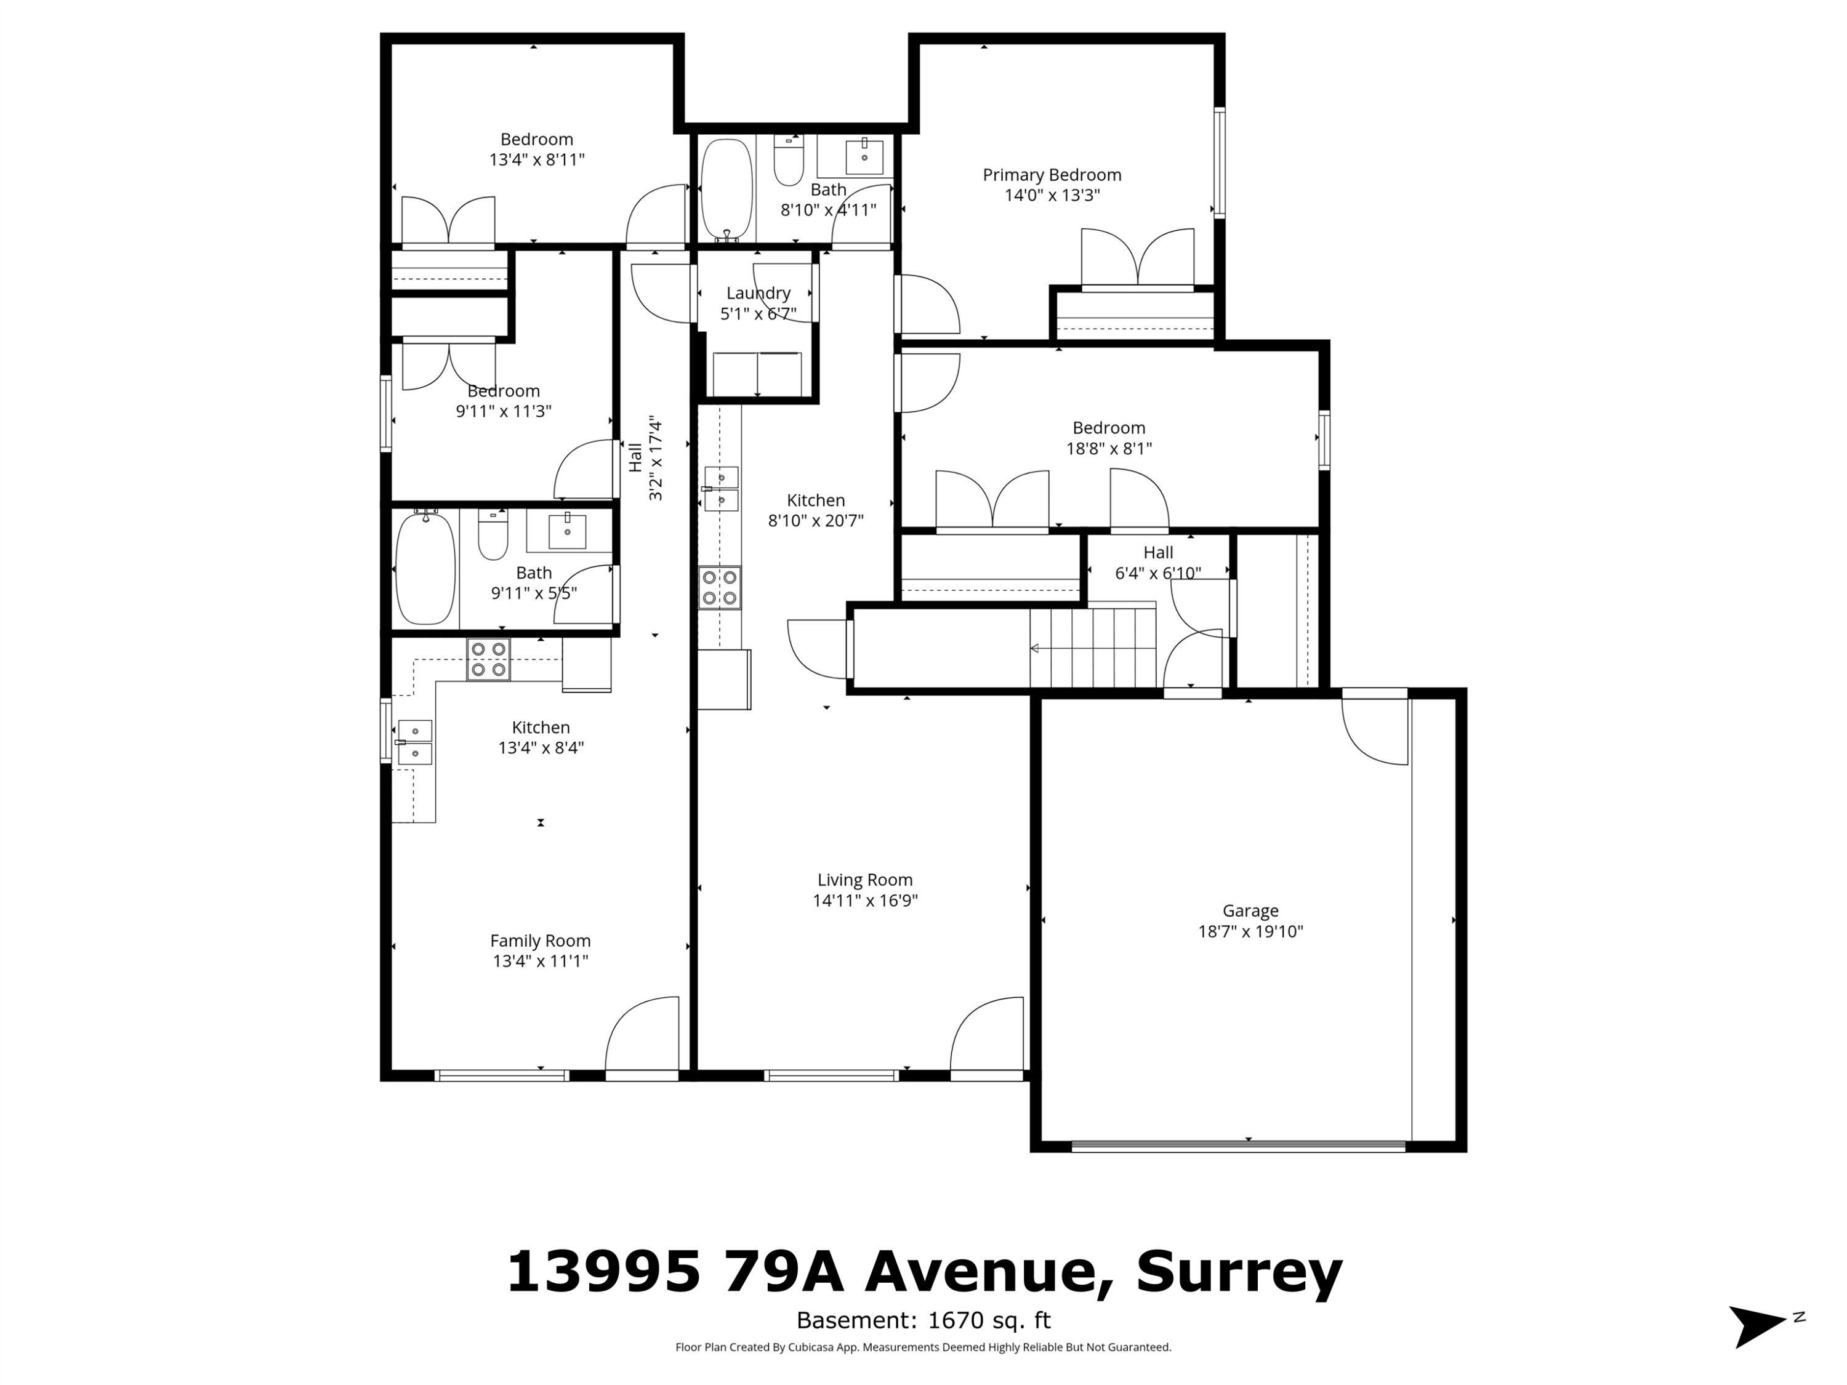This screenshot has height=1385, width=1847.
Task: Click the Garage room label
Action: (1250, 911)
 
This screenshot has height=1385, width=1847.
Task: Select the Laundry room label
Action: (758, 293)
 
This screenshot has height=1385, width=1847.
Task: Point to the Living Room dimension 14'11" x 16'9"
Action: (865, 901)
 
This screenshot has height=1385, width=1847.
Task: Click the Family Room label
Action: (540, 941)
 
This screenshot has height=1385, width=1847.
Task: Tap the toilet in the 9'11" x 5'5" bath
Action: (493, 534)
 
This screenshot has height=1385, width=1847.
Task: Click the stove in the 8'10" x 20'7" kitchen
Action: (720, 588)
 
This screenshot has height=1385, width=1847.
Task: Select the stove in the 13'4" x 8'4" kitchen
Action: (488, 659)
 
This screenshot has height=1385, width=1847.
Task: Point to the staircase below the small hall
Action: (1092, 648)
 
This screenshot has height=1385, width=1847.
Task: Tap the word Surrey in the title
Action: (1238, 1272)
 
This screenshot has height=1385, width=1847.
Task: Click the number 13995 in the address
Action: (603, 1272)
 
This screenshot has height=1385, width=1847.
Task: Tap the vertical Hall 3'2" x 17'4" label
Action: (645, 459)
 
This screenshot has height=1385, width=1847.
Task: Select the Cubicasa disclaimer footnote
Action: (923, 1347)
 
